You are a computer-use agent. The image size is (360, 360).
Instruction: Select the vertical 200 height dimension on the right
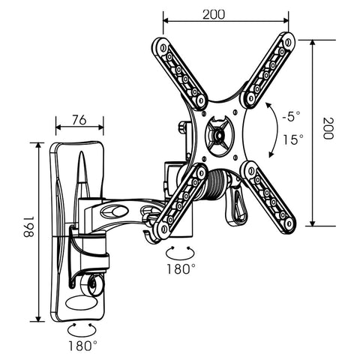point(327,131)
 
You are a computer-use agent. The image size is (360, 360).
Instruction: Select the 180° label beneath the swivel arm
point(181,268)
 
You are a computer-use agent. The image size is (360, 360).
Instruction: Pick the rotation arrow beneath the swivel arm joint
point(182,249)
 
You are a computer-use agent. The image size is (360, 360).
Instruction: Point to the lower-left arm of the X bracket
point(181,199)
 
